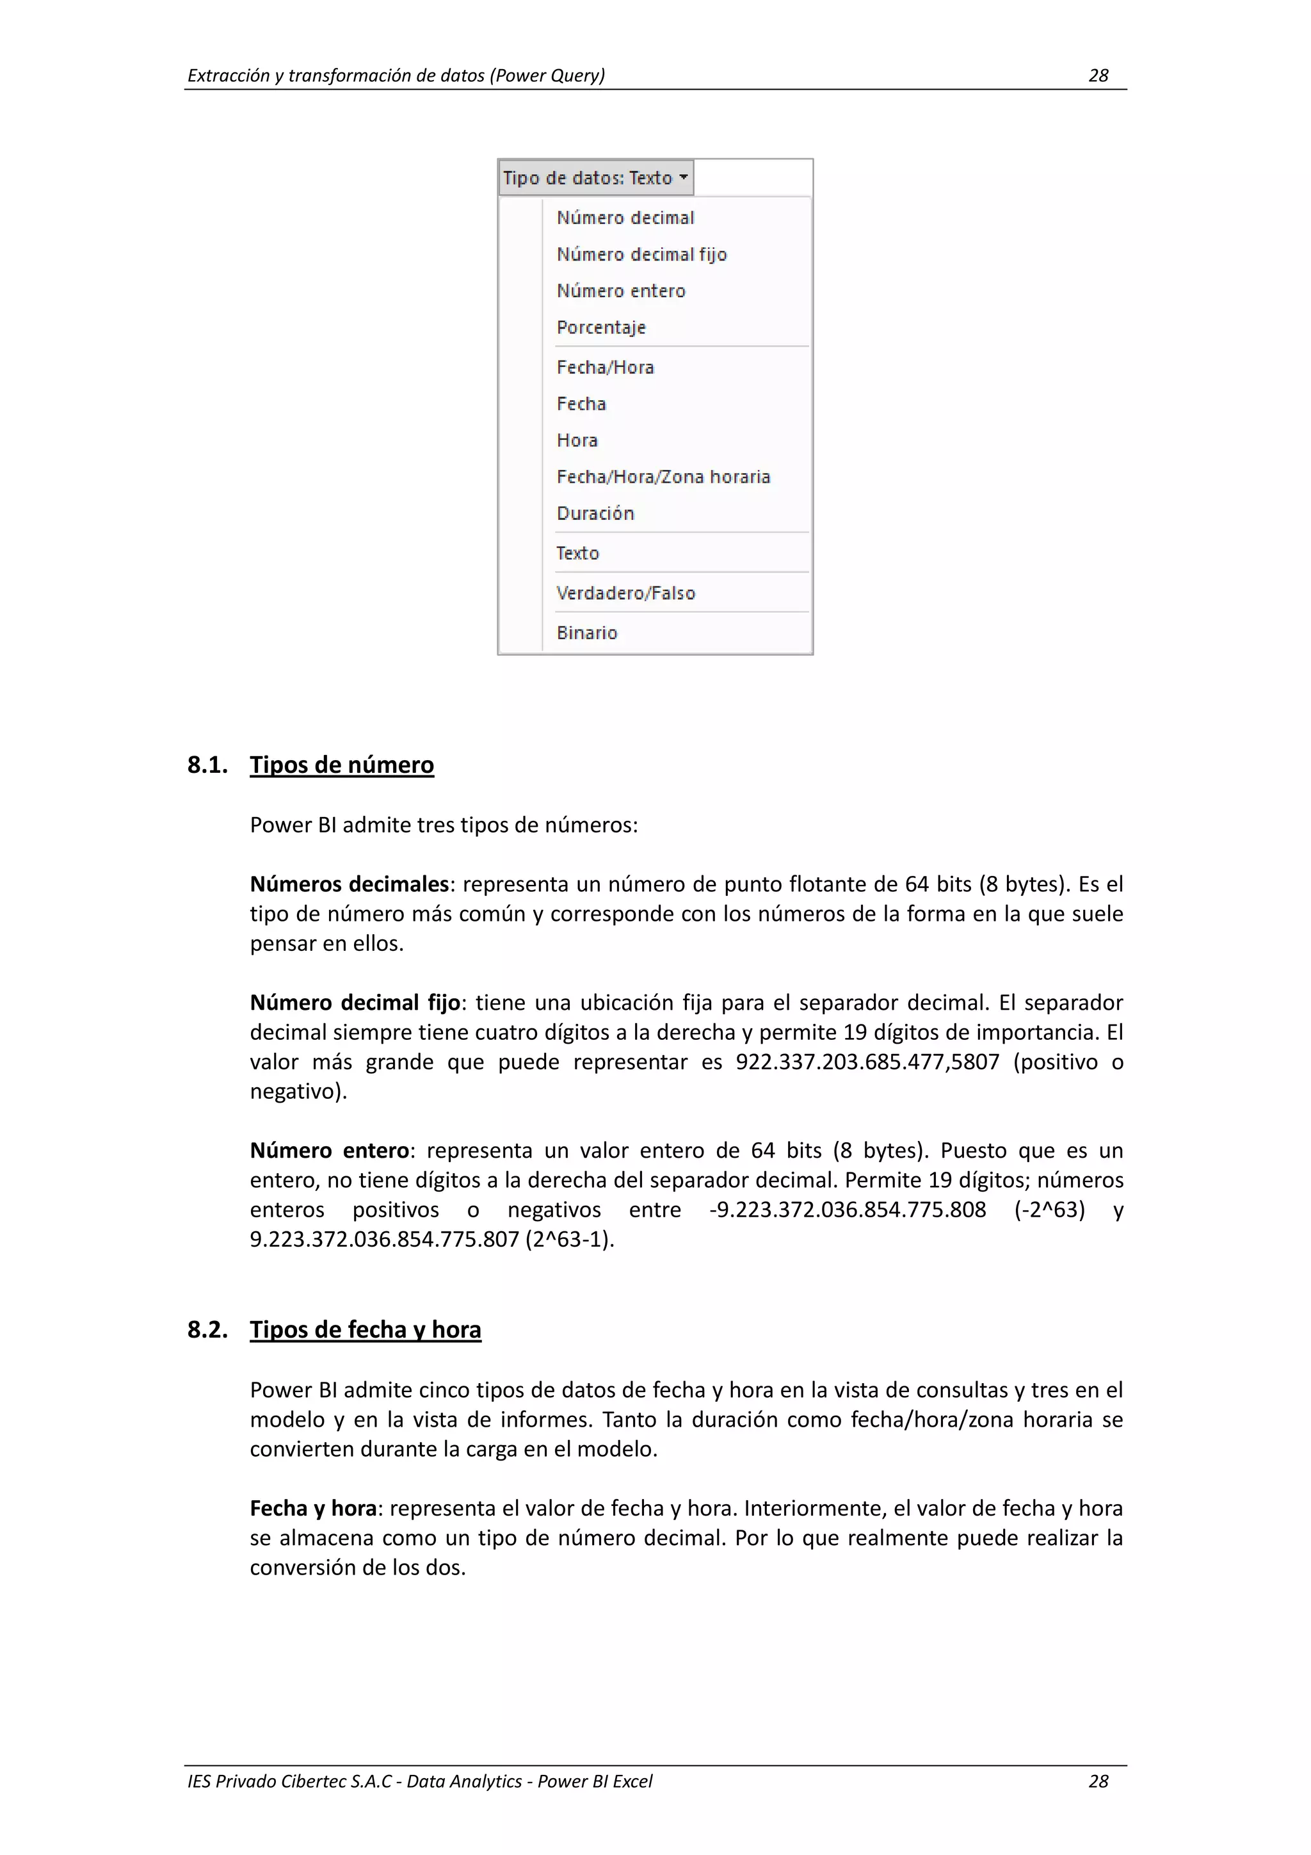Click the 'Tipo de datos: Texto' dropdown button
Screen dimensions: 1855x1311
point(595,178)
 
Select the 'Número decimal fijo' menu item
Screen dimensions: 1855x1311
point(641,254)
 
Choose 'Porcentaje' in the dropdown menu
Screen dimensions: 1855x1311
point(601,327)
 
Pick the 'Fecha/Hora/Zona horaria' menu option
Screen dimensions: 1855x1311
point(663,476)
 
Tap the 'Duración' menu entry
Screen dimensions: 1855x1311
point(595,513)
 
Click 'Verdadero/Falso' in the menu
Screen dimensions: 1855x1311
point(625,593)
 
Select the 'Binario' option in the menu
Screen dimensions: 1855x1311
point(586,633)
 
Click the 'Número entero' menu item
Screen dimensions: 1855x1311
point(620,291)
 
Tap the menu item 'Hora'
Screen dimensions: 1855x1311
point(577,441)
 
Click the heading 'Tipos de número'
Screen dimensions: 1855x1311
point(342,765)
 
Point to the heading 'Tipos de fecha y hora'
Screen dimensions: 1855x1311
point(365,1329)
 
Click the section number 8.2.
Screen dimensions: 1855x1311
point(207,1329)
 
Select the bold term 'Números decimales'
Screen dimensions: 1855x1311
point(349,884)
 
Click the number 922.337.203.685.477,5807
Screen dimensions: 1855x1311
point(867,1062)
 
